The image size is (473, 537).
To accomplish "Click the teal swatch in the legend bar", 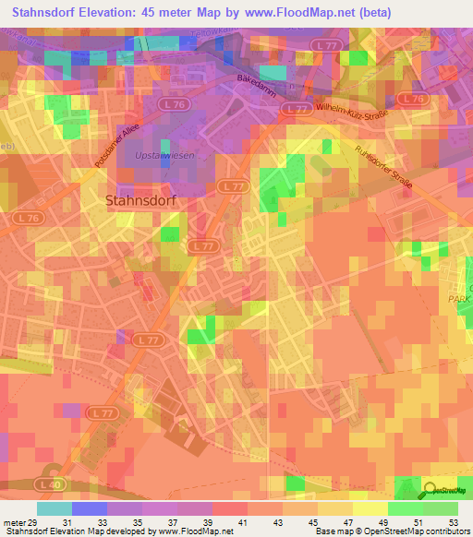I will tap(54, 508).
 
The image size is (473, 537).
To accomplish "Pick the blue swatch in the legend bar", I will tap(89, 508).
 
